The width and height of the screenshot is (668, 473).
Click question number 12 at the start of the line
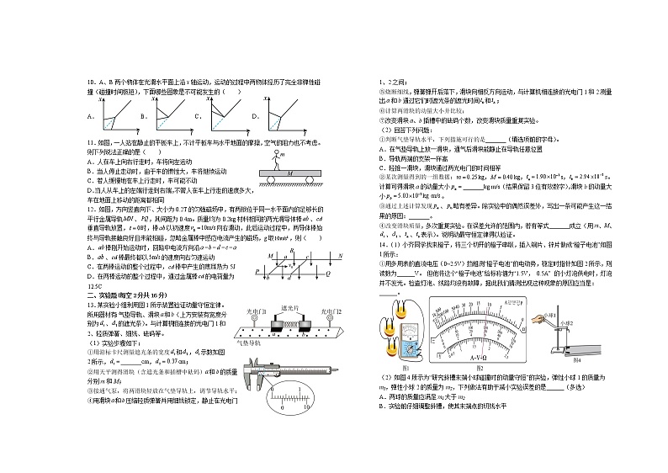(x=91, y=208)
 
